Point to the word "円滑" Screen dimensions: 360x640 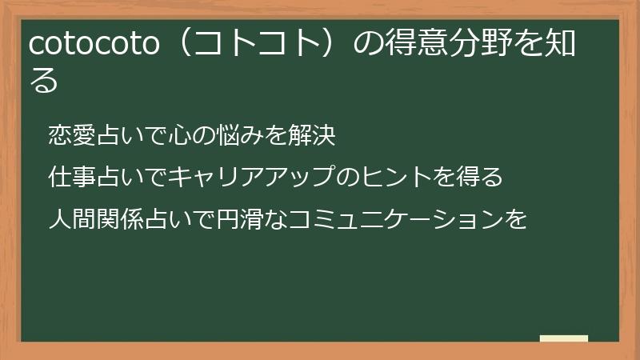[x=224, y=218]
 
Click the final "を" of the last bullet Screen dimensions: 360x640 [x=518, y=218]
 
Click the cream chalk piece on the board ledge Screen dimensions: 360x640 [x=564, y=338]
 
